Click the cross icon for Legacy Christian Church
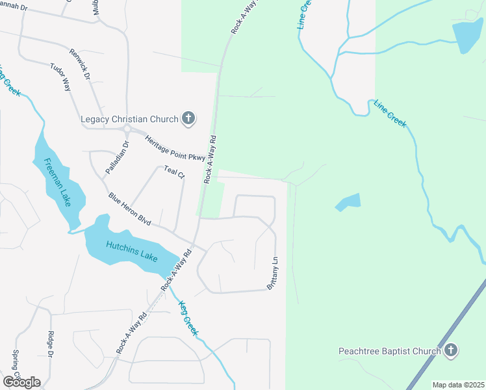click(x=189, y=118)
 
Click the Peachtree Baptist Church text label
click(x=390, y=352)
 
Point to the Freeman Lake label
click(x=57, y=182)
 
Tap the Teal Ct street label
click(x=175, y=172)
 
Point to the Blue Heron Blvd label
click(x=130, y=209)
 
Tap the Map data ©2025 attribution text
click(x=457, y=385)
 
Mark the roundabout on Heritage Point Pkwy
click(x=127, y=129)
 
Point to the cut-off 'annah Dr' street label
click(x=14, y=8)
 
